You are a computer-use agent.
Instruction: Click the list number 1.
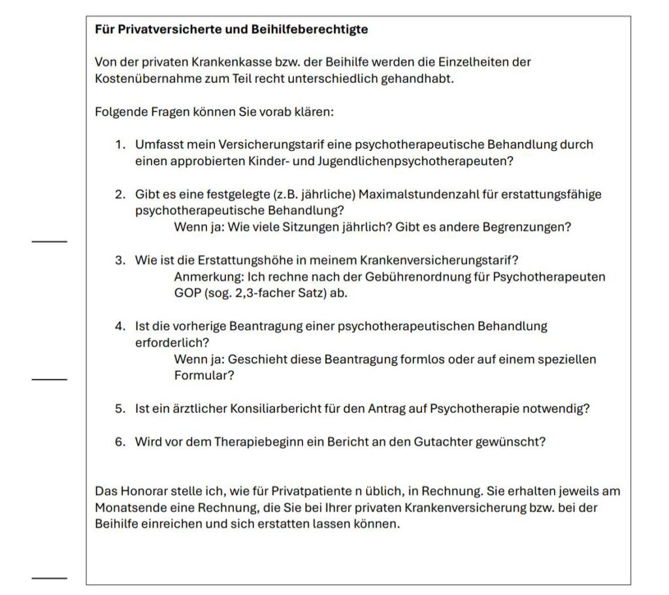click(120, 145)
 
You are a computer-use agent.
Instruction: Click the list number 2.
click(120, 195)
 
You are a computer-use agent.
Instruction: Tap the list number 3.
click(120, 261)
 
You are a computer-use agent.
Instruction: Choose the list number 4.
click(120, 326)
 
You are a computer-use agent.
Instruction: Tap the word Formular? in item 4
click(204, 376)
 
